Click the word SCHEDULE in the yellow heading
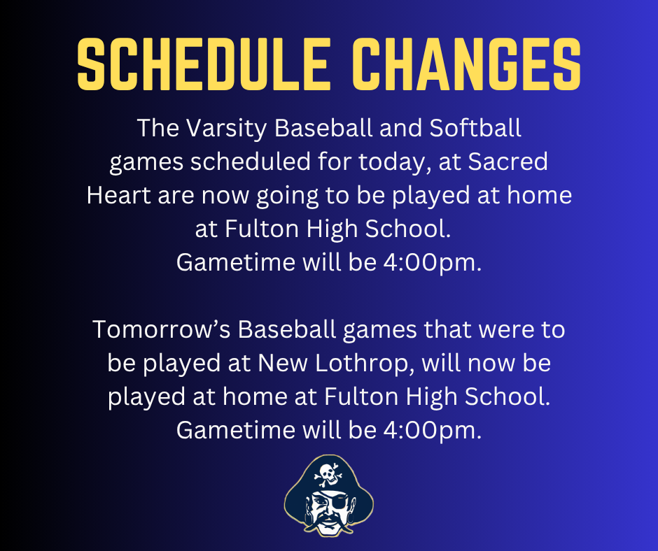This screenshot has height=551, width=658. (x=199, y=65)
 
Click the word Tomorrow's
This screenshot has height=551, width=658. (x=162, y=329)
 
